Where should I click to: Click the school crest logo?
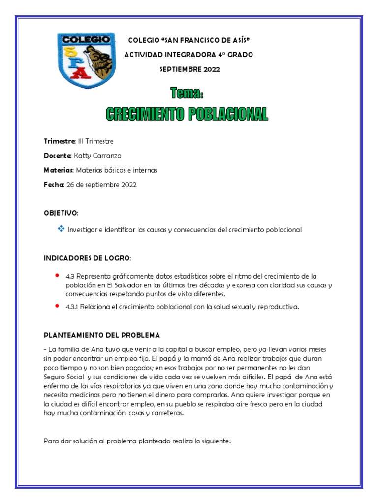(x=86, y=61)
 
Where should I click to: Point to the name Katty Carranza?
(x=97, y=156)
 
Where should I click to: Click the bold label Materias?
(x=59, y=170)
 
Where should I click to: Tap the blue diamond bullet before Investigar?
(x=61, y=229)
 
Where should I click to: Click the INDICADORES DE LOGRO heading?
(x=88, y=258)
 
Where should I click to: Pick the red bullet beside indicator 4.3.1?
(x=58, y=306)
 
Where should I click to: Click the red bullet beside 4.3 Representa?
(x=58, y=275)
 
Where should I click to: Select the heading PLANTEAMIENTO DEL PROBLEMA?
(x=102, y=335)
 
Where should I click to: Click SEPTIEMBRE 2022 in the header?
(x=190, y=69)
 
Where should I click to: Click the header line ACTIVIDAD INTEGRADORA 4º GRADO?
(x=189, y=55)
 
